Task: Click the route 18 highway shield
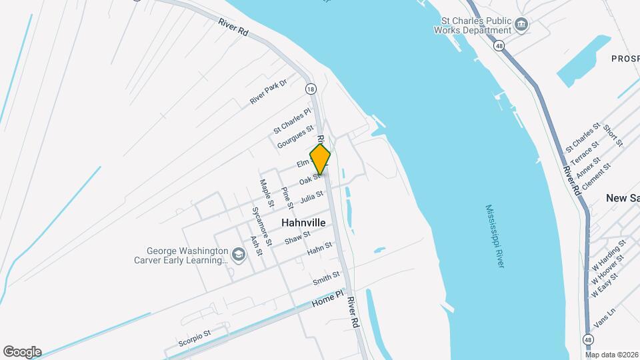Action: [x=311, y=89]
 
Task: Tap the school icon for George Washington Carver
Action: [x=238, y=255]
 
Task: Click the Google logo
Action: [x=22, y=352]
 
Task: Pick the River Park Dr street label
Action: [x=268, y=91]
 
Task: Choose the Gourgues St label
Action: [x=295, y=137]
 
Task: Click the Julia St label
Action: [x=311, y=197]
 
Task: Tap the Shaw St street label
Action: [x=297, y=237]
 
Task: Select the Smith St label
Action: [x=327, y=279]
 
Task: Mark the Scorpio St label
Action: [x=195, y=337]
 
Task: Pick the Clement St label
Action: [x=596, y=177]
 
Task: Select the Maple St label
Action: [x=267, y=191]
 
